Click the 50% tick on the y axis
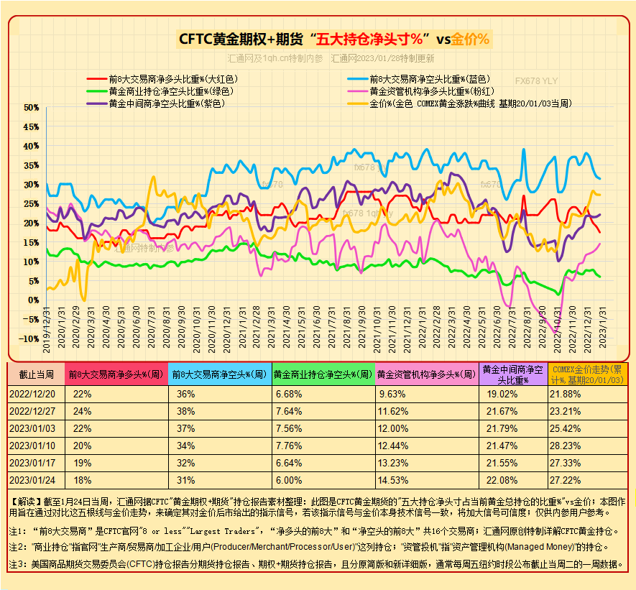pyautogui.click(x=31, y=108)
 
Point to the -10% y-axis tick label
pyautogui.click(x=29, y=339)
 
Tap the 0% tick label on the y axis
pyautogui.click(x=33, y=300)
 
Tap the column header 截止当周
pyautogui.click(x=36, y=374)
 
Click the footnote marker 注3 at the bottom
pyautogui.click(x=18, y=565)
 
